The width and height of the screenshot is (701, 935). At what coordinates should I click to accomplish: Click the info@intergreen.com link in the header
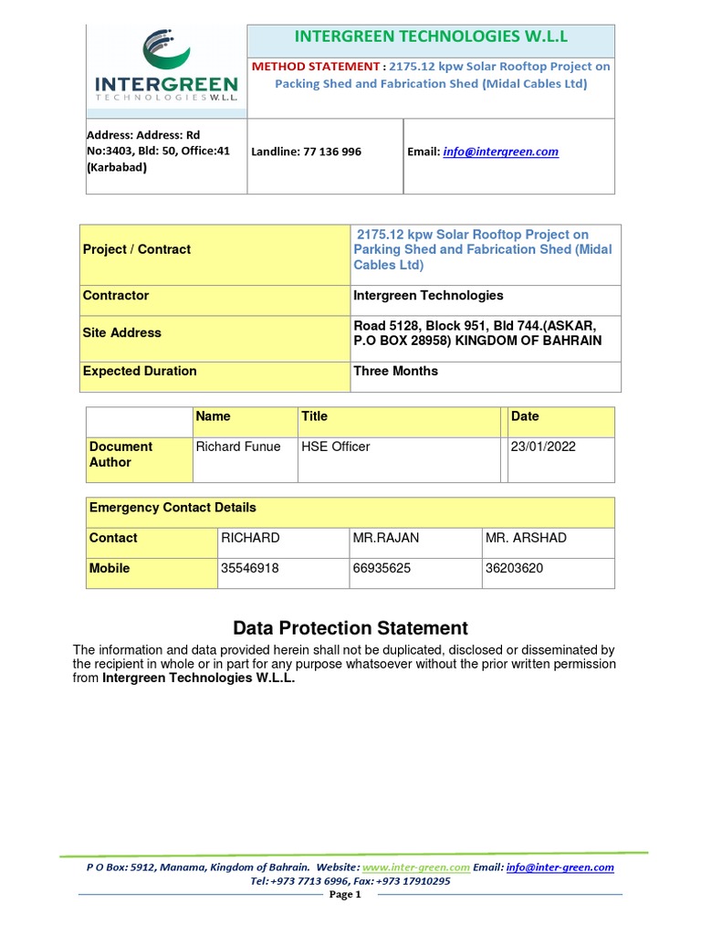[x=500, y=152]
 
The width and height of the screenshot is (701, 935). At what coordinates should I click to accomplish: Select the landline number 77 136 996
[x=306, y=152]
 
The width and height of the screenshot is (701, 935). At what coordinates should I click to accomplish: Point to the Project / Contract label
[x=137, y=249]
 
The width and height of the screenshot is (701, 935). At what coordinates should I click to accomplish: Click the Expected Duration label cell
[x=140, y=371]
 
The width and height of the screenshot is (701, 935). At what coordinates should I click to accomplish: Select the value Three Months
[x=395, y=371]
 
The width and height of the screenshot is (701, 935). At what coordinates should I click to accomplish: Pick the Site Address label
[x=122, y=333]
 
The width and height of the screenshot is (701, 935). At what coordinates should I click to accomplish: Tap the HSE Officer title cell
[x=336, y=446]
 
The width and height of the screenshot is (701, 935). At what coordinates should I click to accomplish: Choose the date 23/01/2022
[x=543, y=446]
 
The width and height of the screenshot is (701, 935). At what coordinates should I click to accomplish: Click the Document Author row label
[x=120, y=455]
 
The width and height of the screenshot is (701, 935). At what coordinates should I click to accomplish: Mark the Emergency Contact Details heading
[x=173, y=508]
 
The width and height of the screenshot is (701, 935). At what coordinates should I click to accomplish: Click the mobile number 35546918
[x=250, y=568]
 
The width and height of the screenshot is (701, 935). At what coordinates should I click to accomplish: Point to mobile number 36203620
[x=514, y=568]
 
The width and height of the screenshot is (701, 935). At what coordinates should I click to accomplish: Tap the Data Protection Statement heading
[x=350, y=628]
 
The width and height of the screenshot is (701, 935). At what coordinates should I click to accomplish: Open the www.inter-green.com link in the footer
[x=416, y=867]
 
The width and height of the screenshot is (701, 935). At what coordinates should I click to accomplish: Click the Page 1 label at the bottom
[x=350, y=895]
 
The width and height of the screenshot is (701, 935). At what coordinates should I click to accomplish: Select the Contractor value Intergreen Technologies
[x=428, y=296]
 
